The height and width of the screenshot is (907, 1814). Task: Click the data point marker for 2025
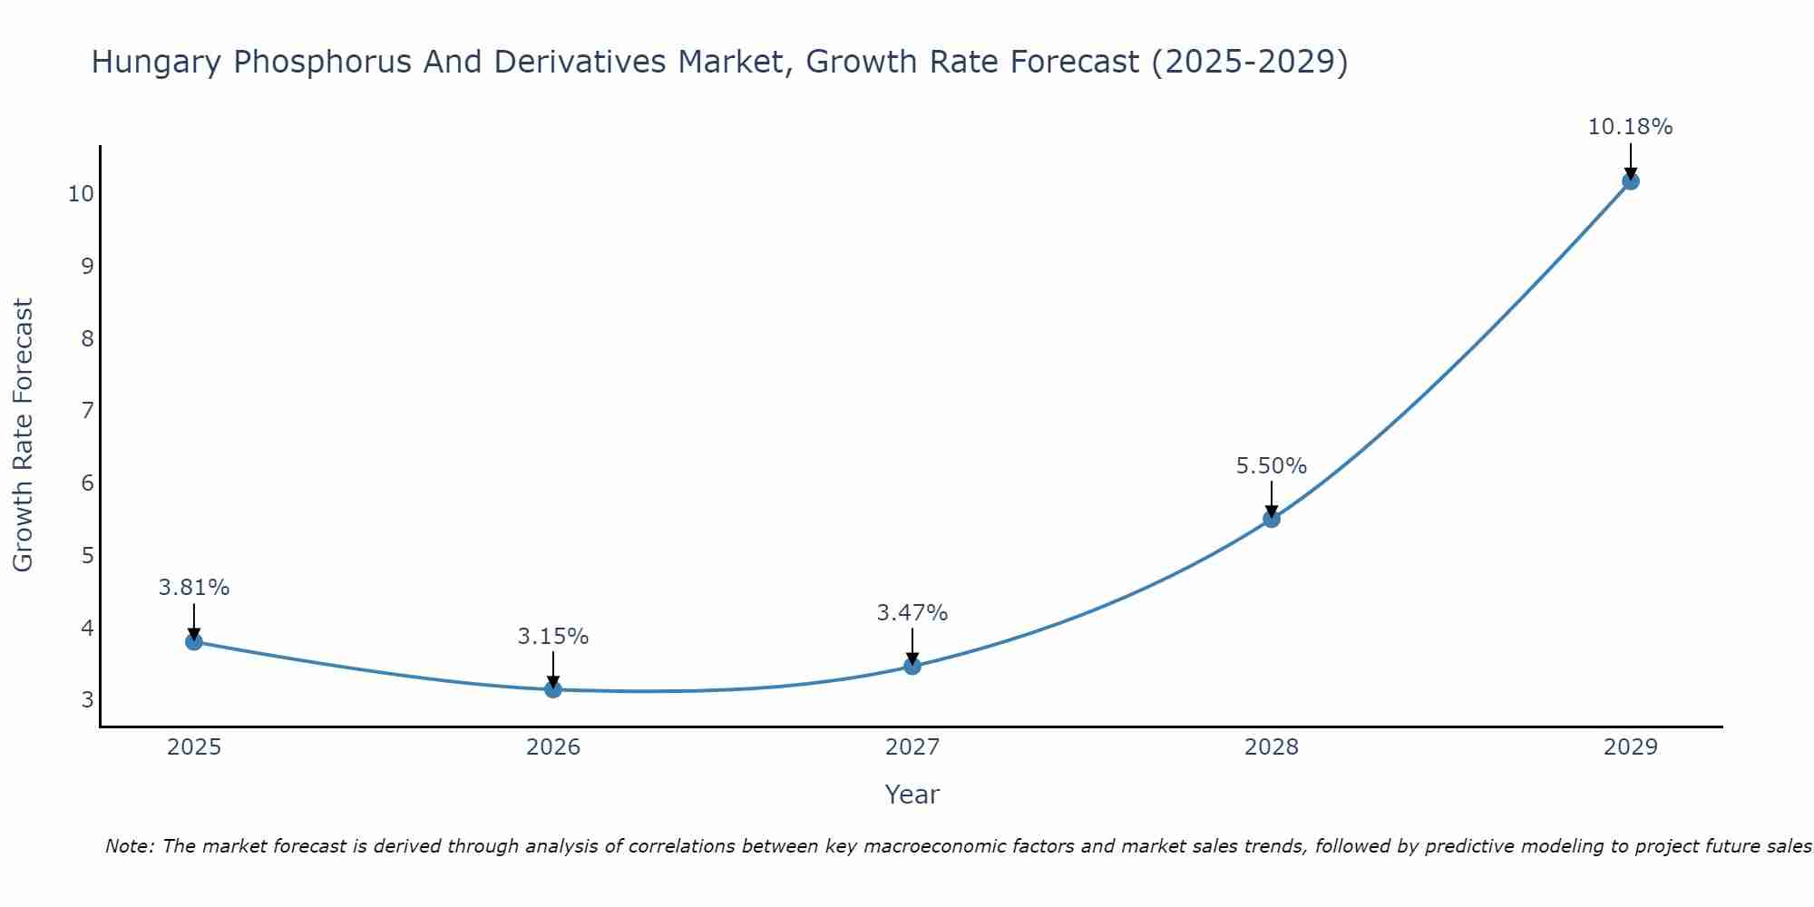pyautogui.click(x=194, y=641)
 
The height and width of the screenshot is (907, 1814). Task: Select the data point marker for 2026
pyautogui.click(x=553, y=689)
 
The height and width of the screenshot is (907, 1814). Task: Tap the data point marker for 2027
pyautogui.click(x=912, y=666)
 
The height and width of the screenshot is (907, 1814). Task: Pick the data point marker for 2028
pyautogui.click(x=1272, y=519)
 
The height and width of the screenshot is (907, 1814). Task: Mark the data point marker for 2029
pyautogui.click(x=1630, y=181)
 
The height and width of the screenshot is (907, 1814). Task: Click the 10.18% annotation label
pyautogui.click(x=1630, y=127)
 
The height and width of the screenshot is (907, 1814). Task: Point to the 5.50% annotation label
pyautogui.click(x=1272, y=466)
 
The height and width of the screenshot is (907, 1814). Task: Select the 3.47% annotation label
pyautogui.click(x=912, y=613)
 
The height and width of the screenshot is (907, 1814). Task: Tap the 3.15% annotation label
pyautogui.click(x=553, y=637)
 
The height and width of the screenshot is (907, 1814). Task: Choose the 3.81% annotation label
pyautogui.click(x=194, y=588)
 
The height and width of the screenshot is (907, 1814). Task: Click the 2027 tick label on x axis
pyautogui.click(x=912, y=747)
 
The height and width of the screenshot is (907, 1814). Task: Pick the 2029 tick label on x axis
pyautogui.click(x=1630, y=747)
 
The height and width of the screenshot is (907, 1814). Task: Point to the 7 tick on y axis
pyautogui.click(x=87, y=411)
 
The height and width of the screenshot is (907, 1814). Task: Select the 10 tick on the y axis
pyautogui.click(x=81, y=194)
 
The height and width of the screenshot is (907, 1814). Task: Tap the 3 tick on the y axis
pyautogui.click(x=87, y=699)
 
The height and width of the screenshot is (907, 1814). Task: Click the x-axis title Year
pyautogui.click(x=912, y=795)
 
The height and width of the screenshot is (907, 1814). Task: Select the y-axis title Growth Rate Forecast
pyautogui.click(x=24, y=435)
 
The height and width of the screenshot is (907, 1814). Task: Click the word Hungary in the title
pyautogui.click(x=156, y=63)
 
